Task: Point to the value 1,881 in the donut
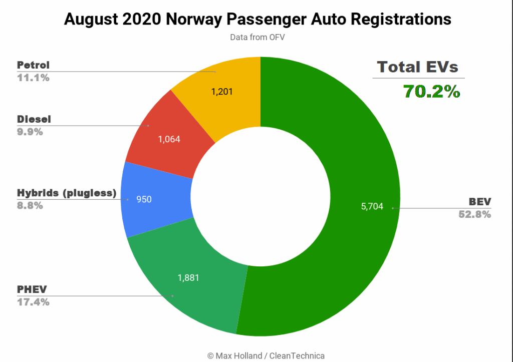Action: (189, 277)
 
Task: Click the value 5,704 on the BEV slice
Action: (372, 207)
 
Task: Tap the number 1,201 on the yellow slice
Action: (223, 92)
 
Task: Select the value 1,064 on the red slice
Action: (169, 140)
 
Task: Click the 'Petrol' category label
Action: (33, 66)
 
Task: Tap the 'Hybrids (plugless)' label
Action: (67, 193)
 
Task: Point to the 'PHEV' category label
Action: (31, 290)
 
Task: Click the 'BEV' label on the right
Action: (480, 202)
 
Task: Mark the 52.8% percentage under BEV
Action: (475, 214)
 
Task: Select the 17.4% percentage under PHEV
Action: (33, 302)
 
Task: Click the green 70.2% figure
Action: (432, 92)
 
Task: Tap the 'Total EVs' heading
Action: (418, 67)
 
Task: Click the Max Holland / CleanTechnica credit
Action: (266, 355)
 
